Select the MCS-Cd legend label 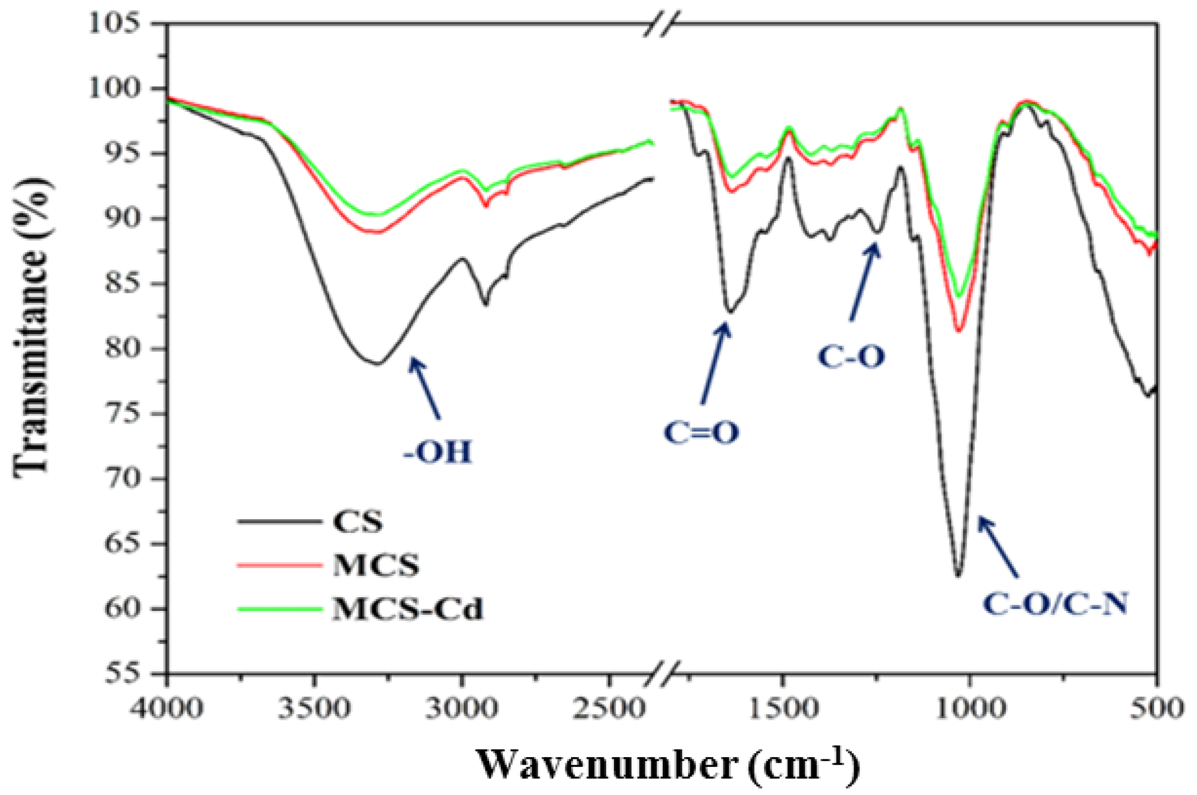tap(407, 609)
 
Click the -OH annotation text tap(437, 453)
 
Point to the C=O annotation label tap(701, 432)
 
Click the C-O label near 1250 tap(851, 357)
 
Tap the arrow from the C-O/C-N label tap(997, 547)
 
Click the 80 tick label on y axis tap(122, 348)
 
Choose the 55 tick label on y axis tap(122, 673)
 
